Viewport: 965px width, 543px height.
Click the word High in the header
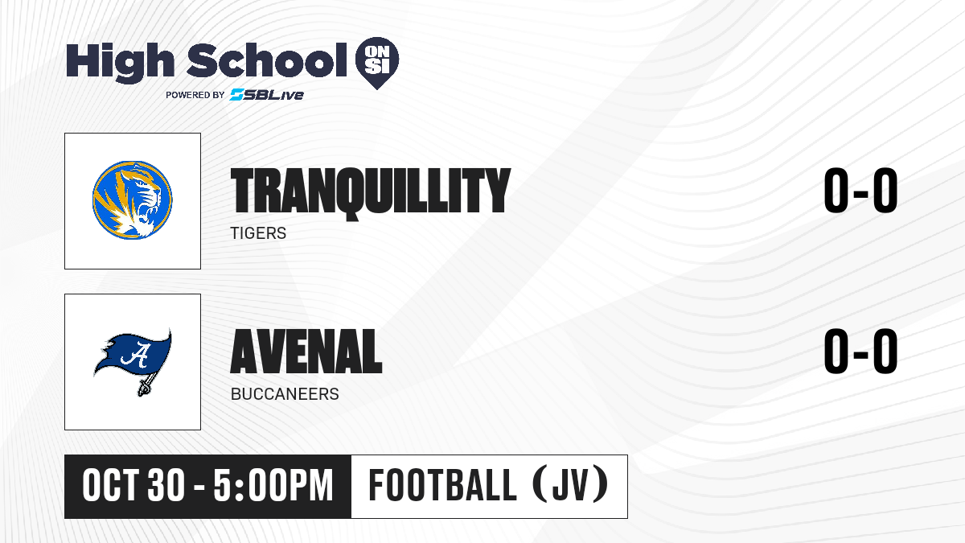(x=120, y=63)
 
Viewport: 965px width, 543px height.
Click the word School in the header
(x=267, y=60)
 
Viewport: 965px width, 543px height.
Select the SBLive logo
(x=266, y=94)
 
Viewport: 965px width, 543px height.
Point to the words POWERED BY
(x=195, y=95)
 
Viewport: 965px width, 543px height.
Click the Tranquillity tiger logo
(x=132, y=200)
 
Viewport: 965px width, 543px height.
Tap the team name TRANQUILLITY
(x=371, y=191)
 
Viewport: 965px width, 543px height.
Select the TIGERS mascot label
(x=258, y=233)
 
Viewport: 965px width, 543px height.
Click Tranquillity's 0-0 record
(x=860, y=190)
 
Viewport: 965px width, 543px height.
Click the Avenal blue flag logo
(x=133, y=361)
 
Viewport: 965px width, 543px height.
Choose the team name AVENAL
(x=306, y=351)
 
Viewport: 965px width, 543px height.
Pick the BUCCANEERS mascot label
(x=285, y=394)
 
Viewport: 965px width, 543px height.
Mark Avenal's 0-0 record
(x=860, y=351)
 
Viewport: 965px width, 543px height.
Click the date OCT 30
(x=133, y=486)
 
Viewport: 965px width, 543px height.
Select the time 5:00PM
(x=273, y=486)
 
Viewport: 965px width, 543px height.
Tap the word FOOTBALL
(x=442, y=485)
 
